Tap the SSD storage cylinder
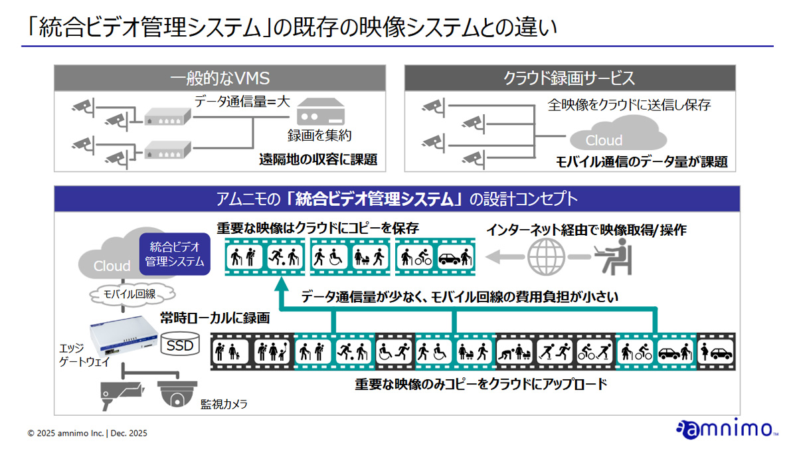(x=180, y=343)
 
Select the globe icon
(x=546, y=256)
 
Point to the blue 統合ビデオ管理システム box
(x=175, y=254)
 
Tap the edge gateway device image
(x=124, y=335)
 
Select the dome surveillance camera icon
(x=177, y=394)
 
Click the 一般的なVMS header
(x=220, y=78)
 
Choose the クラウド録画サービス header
(x=570, y=78)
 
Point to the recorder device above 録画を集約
(x=321, y=112)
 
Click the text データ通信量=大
(x=242, y=102)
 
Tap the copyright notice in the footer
(x=88, y=433)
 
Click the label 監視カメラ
(x=224, y=404)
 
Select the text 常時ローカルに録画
(x=215, y=318)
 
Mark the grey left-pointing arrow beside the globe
(x=505, y=256)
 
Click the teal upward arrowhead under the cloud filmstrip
(x=282, y=284)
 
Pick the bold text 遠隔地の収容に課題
(x=318, y=159)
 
